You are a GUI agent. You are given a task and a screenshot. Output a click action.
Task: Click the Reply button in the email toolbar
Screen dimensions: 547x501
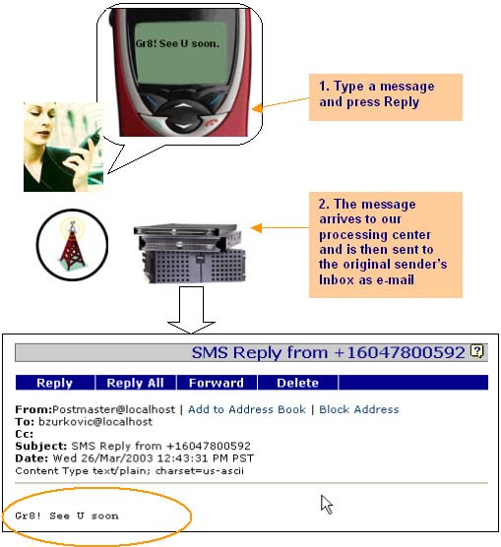pyautogui.click(x=55, y=383)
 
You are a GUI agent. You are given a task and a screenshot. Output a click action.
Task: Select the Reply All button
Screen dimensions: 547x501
pyautogui.click(x=138, y=383)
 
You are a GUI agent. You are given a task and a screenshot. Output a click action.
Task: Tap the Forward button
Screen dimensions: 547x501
pyautogui.click(x=216, y=383)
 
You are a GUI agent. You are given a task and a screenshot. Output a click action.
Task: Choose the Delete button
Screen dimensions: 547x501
pyautogui.click(x=297, y=383)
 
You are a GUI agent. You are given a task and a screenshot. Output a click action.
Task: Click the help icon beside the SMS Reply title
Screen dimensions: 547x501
pyautogui.click(x=478, y=351)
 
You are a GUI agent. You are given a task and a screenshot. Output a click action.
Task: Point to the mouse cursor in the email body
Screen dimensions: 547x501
pyautogui.click(x=326, y=504)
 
